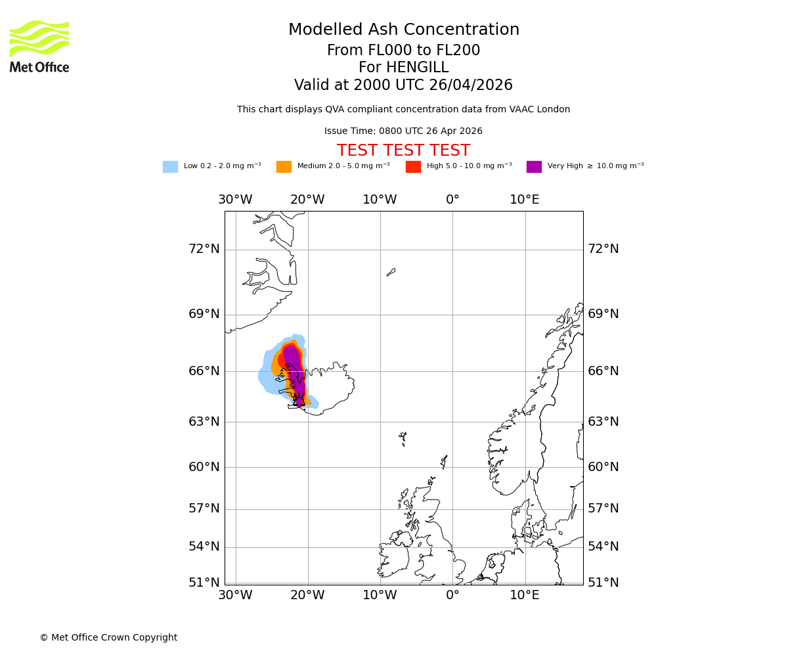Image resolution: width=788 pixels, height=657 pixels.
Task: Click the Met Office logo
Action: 39,46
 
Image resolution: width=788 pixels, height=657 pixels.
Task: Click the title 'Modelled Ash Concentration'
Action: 403,30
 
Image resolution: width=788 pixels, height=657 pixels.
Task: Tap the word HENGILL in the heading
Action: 417,68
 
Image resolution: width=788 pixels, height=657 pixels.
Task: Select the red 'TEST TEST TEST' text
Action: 403,151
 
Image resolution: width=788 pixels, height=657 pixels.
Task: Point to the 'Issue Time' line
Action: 403,131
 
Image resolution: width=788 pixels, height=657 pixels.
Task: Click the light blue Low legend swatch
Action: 170,166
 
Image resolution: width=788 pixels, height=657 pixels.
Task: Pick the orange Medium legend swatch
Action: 284,166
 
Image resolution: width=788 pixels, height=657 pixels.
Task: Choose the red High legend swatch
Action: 413,166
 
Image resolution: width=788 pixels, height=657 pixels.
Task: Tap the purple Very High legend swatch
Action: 534,166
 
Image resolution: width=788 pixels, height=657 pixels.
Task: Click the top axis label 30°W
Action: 235,200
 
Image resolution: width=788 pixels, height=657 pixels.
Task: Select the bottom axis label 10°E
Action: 525,596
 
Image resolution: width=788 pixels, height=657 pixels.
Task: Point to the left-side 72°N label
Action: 204,249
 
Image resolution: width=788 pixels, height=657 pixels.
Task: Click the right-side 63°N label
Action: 603,422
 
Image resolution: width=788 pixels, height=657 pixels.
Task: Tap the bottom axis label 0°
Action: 452,596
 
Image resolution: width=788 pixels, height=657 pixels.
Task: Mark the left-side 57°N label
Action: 204,509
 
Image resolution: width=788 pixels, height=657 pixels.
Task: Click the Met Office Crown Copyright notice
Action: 108,638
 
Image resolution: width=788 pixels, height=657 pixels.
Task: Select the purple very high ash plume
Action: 294,368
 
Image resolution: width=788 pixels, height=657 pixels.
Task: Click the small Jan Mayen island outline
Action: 391,271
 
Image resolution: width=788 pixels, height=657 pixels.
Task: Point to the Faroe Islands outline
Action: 403,438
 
